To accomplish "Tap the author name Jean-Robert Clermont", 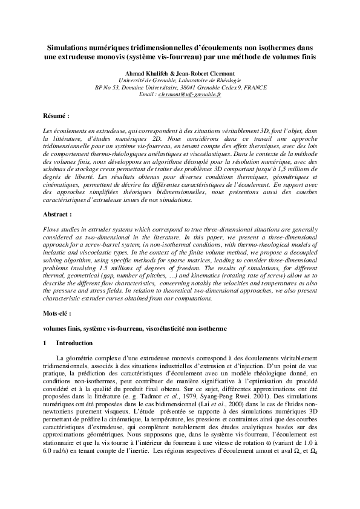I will point(205,73).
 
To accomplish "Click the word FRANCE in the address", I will point(252,88).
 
